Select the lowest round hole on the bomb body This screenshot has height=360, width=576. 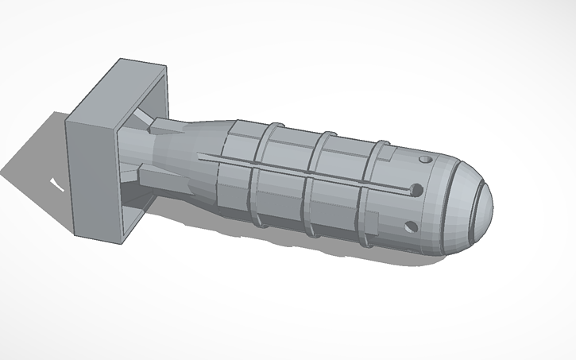(x=411, y=226)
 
